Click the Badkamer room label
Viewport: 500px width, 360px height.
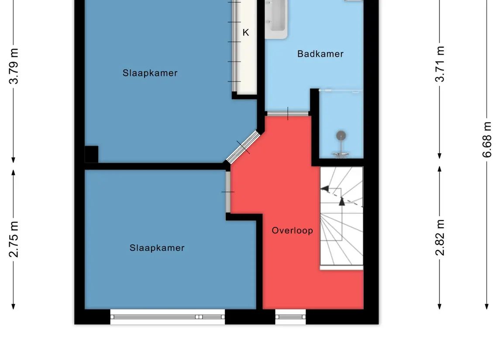click(x=321, y=54)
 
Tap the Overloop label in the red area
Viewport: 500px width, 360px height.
click(x=293, y=230)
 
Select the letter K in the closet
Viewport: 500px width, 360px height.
click(x=245, y=32)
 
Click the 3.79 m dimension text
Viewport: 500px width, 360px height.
click(x=14, y=66)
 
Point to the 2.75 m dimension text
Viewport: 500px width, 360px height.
click(x=14, y=239)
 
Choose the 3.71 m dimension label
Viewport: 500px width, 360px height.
click(x=440, y=64)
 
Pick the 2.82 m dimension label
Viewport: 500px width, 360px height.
click(x=440, y=238)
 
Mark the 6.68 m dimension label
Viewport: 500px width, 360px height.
click(x=487, y=140)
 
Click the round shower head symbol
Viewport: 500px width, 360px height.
click(x=341, y=136)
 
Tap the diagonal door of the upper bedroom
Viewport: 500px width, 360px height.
click(x=243, y=147)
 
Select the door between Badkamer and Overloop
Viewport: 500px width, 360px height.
click(x=288, y=113)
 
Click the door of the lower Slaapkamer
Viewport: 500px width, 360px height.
click(x=228, y=192)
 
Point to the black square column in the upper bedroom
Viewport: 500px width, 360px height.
click(x=92, y=154)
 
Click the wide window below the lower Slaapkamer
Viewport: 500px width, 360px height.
click(x=168, y=317)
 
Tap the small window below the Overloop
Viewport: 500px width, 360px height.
click(x=290, y=317)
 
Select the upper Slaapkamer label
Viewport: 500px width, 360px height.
click(x=150, y=73)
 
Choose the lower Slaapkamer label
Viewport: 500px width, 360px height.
click(x=157, y=248)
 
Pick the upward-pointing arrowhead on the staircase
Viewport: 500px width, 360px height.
click(x=342, y=201)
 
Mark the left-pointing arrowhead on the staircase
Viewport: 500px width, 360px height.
click(x=324, y=189)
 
